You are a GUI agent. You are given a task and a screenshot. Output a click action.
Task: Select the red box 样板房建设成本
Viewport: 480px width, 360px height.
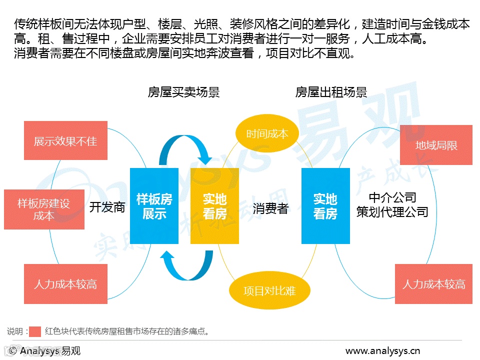point(44,209)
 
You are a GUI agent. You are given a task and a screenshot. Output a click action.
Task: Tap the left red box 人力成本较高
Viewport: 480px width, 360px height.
point(65,284)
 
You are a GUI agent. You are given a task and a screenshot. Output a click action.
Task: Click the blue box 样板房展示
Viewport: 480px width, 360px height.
point(154,206)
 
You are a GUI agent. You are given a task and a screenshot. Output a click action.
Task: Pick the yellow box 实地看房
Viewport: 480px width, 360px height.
point(214,206)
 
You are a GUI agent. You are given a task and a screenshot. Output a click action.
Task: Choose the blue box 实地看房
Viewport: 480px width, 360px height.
point(325,206)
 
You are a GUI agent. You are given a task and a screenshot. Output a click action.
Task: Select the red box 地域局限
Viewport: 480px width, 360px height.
point(436,145)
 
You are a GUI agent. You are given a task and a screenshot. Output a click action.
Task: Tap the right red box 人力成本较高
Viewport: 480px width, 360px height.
point(433,284)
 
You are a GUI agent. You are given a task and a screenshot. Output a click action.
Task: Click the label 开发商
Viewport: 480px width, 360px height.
point(107,207)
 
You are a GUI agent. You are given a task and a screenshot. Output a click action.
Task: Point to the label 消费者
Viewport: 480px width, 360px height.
point(270,208)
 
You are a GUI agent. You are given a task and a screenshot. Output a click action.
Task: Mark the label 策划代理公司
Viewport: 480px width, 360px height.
point(392,212)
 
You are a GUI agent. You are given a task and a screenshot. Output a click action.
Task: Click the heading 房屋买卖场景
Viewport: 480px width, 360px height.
point(183,92)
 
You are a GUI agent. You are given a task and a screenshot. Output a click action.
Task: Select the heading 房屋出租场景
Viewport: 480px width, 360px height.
point(331,92)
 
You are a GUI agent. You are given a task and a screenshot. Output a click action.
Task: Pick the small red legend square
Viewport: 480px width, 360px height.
point(35,331)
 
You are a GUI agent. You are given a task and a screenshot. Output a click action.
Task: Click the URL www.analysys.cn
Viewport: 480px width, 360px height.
point(383,350)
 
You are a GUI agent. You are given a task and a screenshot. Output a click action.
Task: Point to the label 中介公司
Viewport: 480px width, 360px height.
point(392,197)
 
